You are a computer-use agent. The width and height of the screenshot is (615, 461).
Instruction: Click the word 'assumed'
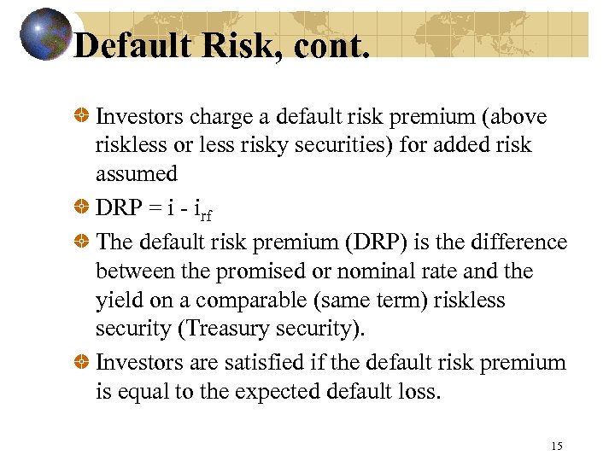coord(136,174)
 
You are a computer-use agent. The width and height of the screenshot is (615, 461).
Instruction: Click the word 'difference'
coord(517,242)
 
